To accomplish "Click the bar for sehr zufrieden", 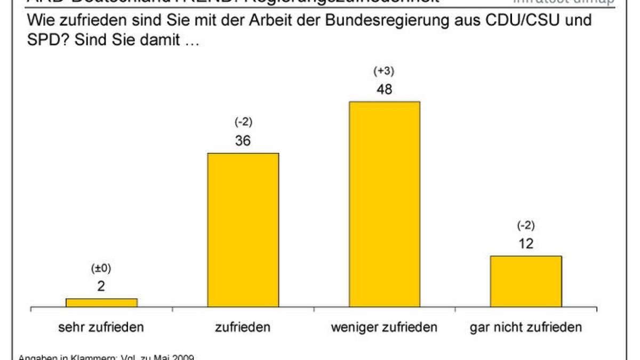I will (x=101, y=302).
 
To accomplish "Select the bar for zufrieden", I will (x=243, y=230).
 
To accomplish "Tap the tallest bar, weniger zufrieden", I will (x=384, y=204).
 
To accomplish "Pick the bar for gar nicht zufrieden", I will (x=525, y=281).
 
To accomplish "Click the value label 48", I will (x=384, y=90).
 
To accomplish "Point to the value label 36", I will (x=243, y=141).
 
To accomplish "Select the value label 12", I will (x=525, y=244).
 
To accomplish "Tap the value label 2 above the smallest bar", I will (x=101, y=286).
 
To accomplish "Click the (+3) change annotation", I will (x=384, y=71).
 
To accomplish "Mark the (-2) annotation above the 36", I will (x=243, y=123).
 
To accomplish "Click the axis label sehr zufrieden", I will (x=101, y=327).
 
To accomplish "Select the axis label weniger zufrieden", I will (x=384, y=327).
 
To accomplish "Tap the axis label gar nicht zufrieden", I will (x=525, y=327).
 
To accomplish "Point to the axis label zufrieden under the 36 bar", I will (x=243, y=327).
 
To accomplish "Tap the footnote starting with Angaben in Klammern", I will (x=107, y=357).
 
